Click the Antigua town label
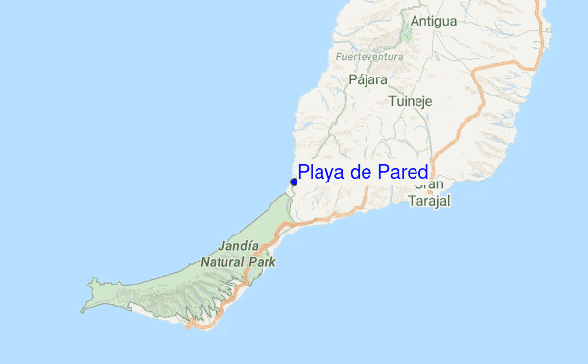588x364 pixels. point(433,20)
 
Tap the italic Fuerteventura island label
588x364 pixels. point(369,57)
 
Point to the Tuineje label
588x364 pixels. point(410,101)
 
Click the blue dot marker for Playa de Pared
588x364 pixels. point(294,182)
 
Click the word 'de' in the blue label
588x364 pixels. point(358,173)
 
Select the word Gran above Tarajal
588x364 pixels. point(428,184)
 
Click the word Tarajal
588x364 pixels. point(428,201)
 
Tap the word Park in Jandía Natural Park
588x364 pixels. point(262,262)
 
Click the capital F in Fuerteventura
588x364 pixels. point(338,57)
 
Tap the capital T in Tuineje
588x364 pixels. point(391,101)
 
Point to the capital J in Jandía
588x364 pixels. point(220,246)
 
